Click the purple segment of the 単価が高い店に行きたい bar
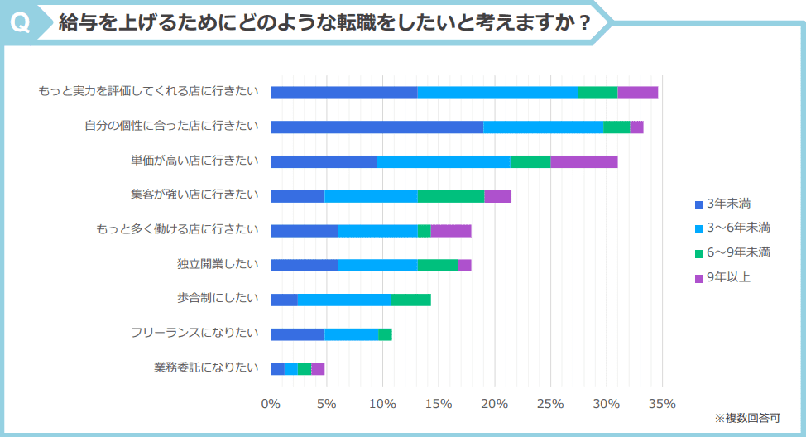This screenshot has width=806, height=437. (x=583, y=161)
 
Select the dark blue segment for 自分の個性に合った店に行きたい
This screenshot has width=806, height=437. (x=377, y=127)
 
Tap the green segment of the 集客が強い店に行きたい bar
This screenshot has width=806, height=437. (x=450, y=196)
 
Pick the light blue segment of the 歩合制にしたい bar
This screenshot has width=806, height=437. (x=343, y=300)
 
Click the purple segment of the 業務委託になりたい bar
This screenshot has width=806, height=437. (x=318, y=369)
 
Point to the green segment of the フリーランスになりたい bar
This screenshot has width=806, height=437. (x=385, y=334)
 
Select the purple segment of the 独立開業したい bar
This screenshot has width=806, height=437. (x=464, y=265)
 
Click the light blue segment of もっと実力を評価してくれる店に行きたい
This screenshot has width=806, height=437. (x=497, y=92)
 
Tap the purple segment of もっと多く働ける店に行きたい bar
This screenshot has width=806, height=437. (x=450, y=231)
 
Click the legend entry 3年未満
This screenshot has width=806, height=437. (x=728, y=203)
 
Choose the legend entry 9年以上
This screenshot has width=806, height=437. (x=728, y=277)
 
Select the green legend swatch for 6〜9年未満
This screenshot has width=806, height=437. (x=698, y=253)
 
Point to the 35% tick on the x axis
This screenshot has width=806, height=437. (x=663, y=404)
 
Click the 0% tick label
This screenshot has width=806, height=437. (x=271, y=404)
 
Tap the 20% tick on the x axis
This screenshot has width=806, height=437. (x=495, y=404)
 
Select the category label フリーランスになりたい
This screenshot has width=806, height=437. (x=194, y=334)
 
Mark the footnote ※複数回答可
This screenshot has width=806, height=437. (x=746, y=418)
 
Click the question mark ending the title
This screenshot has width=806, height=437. (x=584, y=23)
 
